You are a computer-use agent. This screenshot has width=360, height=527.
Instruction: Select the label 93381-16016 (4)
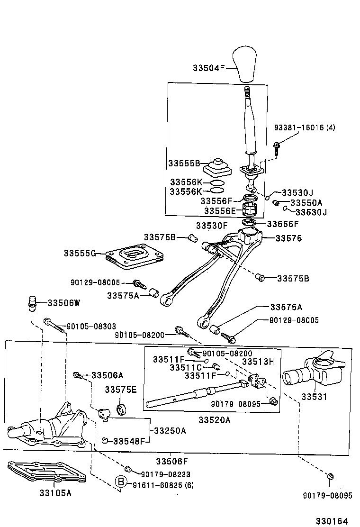pyautogui.click(x=305, y=127)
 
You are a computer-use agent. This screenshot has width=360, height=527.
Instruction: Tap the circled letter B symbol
pyautogui.click(x=121, y=482)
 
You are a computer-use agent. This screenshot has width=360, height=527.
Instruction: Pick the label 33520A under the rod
pyautogui.click(x=214, y=420)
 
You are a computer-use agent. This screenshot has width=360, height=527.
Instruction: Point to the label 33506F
pyautogui.click(x=172, y=461)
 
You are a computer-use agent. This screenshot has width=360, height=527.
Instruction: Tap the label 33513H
pyautogui.click(x=258, y=362)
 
